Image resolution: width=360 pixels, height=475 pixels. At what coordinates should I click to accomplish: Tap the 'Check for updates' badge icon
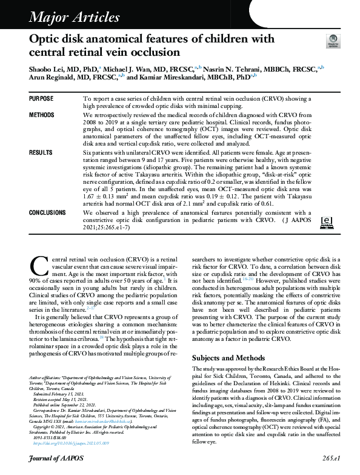332,42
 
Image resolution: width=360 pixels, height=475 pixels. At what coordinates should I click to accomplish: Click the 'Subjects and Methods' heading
228,357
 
